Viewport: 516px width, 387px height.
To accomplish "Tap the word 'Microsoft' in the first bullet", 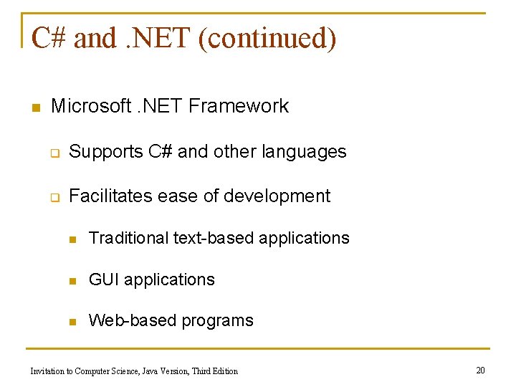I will (91, 107).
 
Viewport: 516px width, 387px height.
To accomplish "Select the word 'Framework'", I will (239, 107).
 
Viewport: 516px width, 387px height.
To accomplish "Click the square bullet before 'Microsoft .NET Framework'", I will (34, 107).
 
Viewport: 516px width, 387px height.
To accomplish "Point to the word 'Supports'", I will (106, 152).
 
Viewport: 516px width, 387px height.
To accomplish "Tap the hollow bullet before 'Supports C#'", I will (54, 153).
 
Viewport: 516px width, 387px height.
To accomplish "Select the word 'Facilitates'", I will (111, 196).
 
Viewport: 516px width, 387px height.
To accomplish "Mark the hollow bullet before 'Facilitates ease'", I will (54, 197).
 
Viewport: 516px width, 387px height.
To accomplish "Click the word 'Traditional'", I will (128, 238).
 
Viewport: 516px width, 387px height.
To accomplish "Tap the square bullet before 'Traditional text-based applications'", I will (73, 239).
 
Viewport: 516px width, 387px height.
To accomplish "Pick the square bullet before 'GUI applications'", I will (73, 280).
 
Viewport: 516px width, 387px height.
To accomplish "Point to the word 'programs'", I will (217, 321).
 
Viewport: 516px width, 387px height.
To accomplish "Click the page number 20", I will (480, 370).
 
